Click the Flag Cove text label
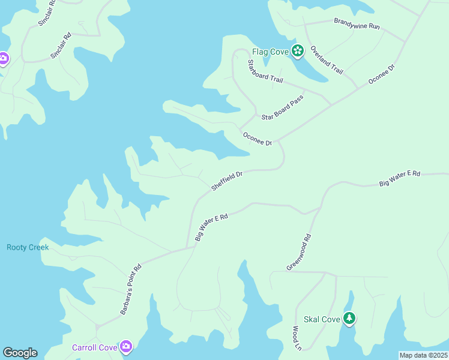pyautogui.click(x=270, y=52)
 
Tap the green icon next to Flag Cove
pyautogui.click(x=297, y=50)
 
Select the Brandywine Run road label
pyautogui.click(x=357, y=26)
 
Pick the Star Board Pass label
pyautogui.click(x=283, y=106)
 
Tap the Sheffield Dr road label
pyautogui.click(x=227, y=181)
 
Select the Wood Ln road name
pyautogui.click(x=296, y=338)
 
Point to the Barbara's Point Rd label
pyautogui.click(x=130, y=289)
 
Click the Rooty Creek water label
pyautogui.click(x=28, y=247)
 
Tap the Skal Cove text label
pyautogui.click(x=322, y=319)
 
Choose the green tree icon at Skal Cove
pyautogui.click(x=349, y=318)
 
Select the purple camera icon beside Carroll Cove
pyautogui.click(x=126, y=346)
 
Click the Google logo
pyautogui.click(x=20, y=353)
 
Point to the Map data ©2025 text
pyautogui.click(x=423, y=355)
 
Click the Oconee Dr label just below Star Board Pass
pyautogui.click(x=258, y=139)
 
